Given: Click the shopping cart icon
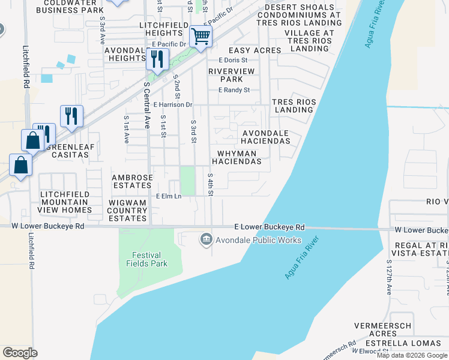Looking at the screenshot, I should pyautogui.click(x=200, y=36).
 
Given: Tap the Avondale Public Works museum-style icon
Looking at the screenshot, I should pyautogui.click(x=206, y=239).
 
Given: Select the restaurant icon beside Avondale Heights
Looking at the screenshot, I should pyautogui.click(x=157, y=59).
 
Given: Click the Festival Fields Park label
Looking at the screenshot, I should pyautogui.click(x=146, y=259).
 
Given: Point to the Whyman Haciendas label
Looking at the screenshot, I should pyautogui.click(x=236, y=157).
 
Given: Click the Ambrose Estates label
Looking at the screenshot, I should pyautogui.click(x=132, y=182).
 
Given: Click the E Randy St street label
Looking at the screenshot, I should pyautogui.click(x=234, y=90).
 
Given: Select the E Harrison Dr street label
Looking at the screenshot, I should pyautogui.click(x=172, y=104).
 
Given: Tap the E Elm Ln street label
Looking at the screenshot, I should pyautogui.click(x=169, y=196).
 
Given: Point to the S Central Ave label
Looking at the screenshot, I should pyautogui.click(x=146, y=105).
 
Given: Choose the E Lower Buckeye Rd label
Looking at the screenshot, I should pyautogui.click(x=269, y=227).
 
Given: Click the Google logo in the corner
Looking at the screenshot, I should pyautogui.click(x=20, y=353).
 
